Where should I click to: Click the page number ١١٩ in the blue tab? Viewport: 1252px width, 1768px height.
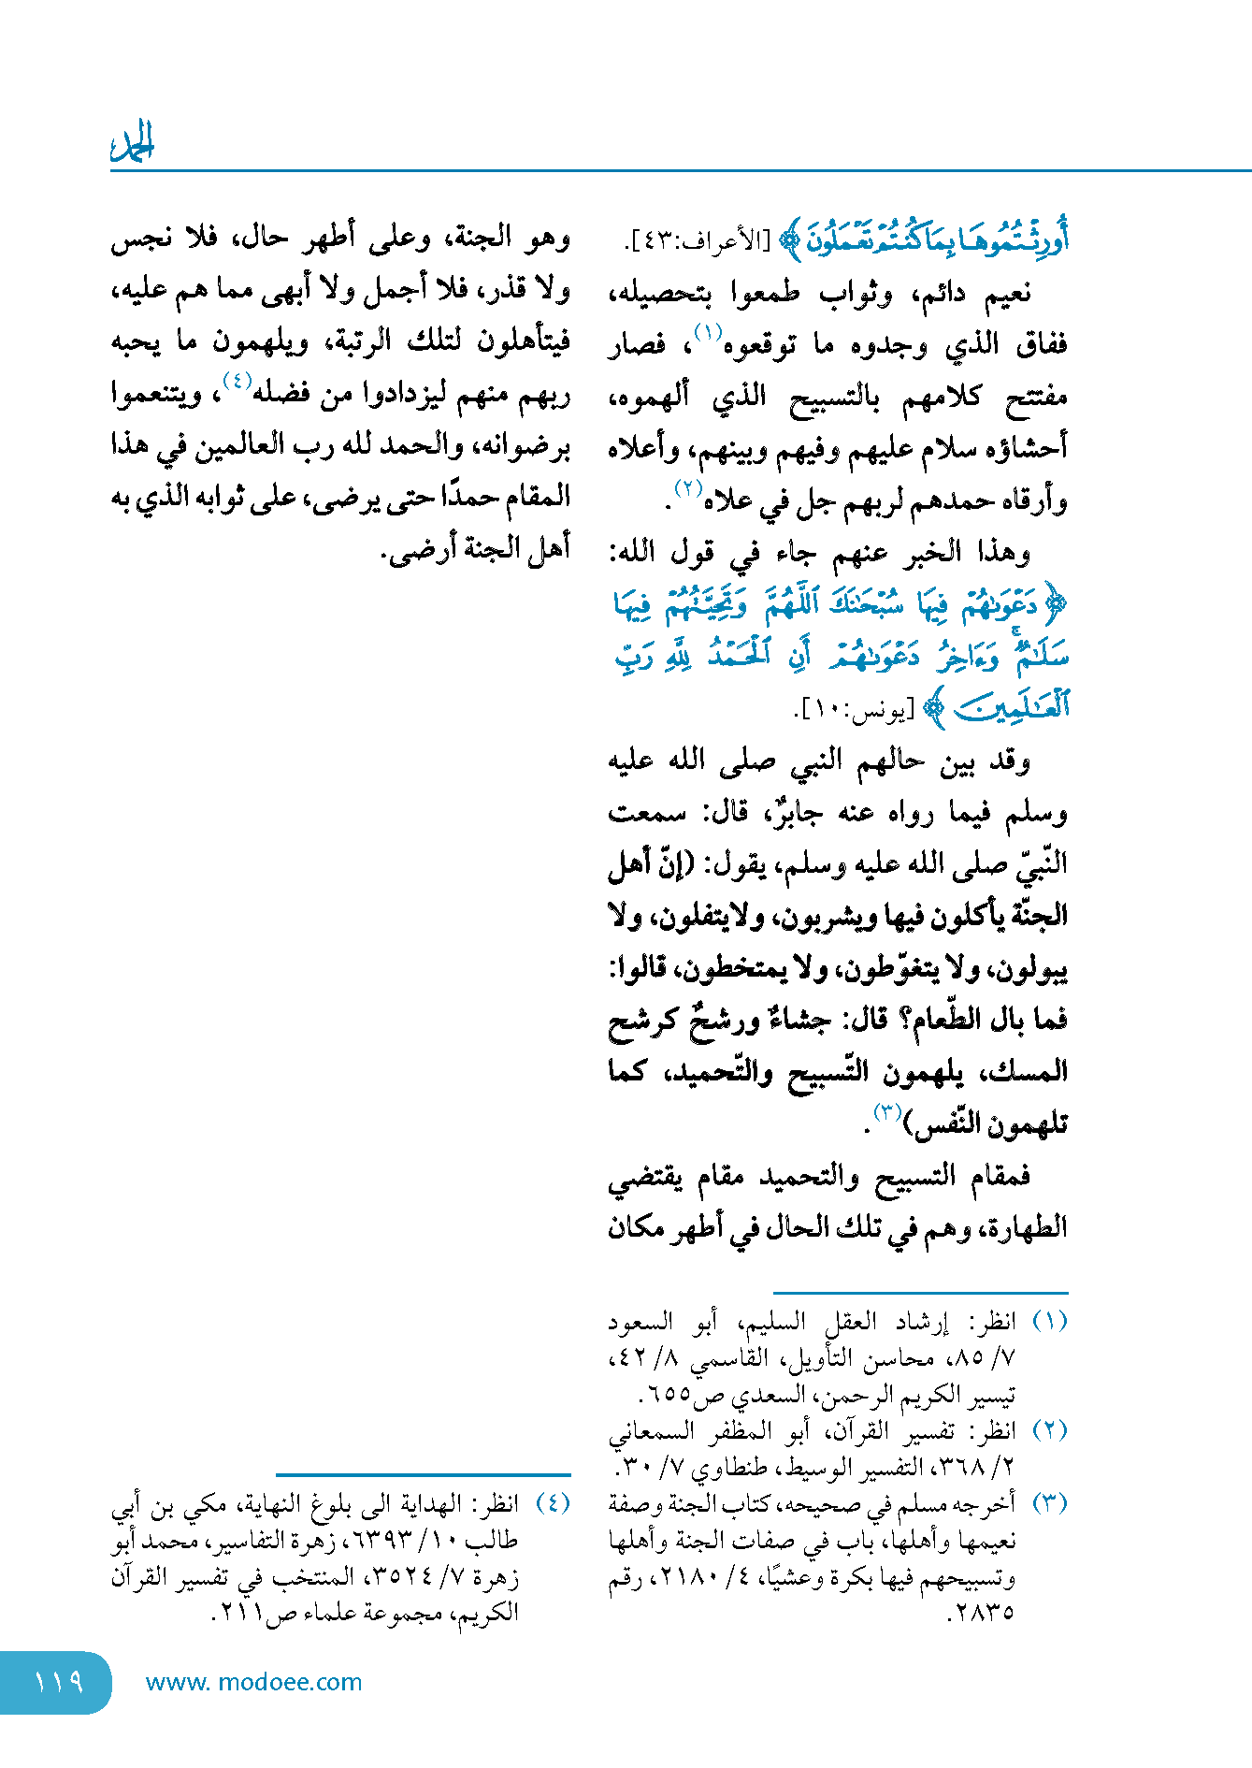coord(58,1682)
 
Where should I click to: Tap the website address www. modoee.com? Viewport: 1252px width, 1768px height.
coord(253,1682)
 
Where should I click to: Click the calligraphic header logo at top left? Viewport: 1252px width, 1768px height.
coord(132,143)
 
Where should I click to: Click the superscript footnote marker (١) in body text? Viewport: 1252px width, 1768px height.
coord(708,331)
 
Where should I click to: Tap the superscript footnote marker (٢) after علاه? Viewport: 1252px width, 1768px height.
coord(688,487)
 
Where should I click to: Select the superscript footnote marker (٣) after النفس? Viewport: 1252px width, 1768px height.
coord(886,1111)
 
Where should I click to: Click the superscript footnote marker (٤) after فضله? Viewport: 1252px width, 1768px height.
coord(237,382)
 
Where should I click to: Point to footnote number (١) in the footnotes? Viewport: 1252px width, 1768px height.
coord(1049,1321)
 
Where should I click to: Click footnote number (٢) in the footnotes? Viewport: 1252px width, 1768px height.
coord(1049,1430)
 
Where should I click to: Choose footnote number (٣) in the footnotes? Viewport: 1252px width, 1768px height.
coord(1049,1503)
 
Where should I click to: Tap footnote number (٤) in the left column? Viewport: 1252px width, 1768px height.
coord(552,1503)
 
